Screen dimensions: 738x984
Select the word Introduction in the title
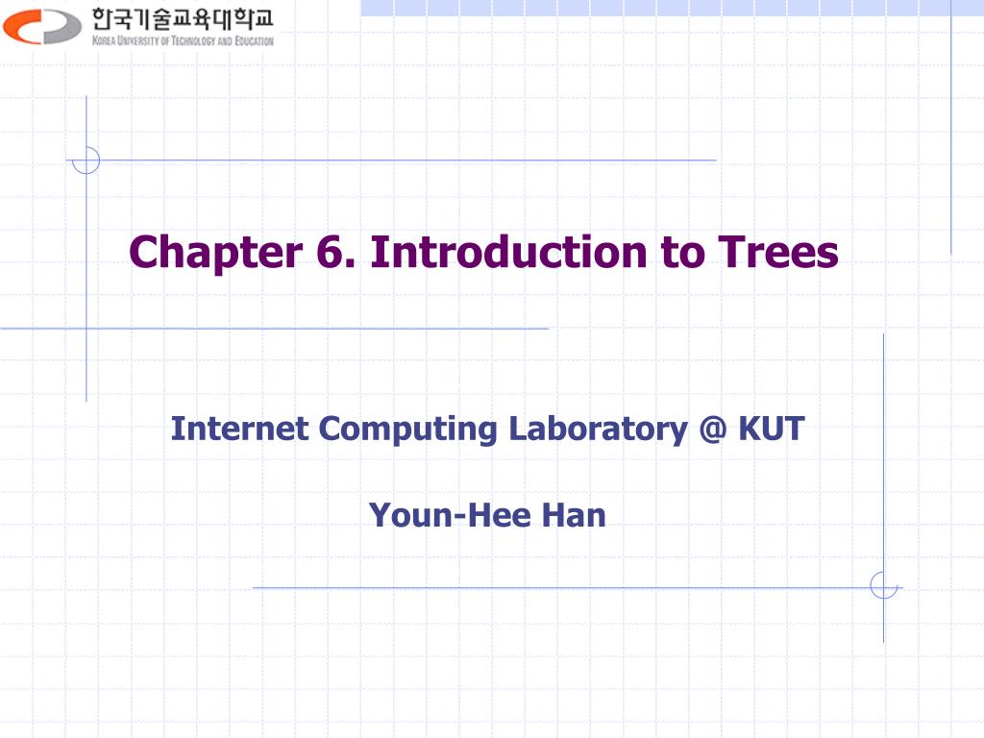point(508,253)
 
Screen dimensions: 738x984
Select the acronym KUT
point(771,429)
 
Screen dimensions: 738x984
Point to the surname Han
point(574,516)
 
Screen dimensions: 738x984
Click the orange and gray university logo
point(42,26)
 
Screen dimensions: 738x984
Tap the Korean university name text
point(183,19)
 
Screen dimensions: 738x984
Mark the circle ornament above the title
point(86,160)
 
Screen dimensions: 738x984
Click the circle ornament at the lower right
point(883,584)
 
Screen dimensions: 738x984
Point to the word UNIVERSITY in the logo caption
point(137,41)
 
